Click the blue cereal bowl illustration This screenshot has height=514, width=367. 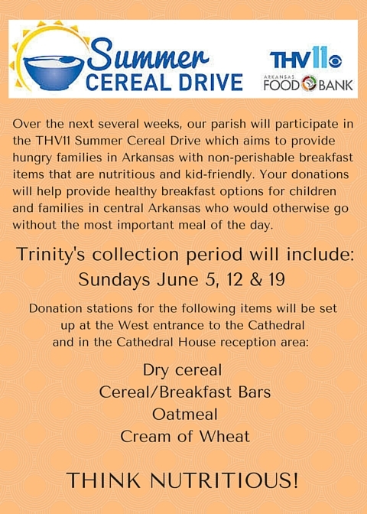(x=54, y=72)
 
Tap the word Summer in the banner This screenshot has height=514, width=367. (x=148, y=55)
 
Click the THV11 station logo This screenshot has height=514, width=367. (x=305, y=57)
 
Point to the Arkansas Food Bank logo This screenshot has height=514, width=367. (x=308, y=83)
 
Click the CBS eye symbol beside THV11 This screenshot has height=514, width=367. (x=335, y=62)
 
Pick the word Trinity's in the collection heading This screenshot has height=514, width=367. (x=50, y=255)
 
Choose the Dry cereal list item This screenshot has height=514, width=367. (x=183, y=370)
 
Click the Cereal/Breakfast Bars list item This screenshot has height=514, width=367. (x=185, y=392)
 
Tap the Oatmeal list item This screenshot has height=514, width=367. (x=185, y=414)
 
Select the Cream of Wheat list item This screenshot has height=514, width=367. (x=185, y=436)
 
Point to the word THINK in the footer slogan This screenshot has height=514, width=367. (x=103, y=480)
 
